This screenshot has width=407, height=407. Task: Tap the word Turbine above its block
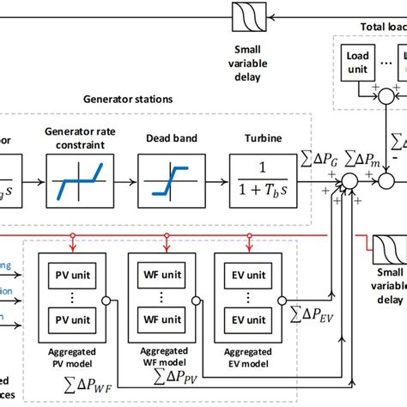[x=263, y=137]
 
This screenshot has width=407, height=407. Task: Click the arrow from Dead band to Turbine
[x=214, y=182]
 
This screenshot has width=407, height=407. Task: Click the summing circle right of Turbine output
[x=349, y=182]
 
